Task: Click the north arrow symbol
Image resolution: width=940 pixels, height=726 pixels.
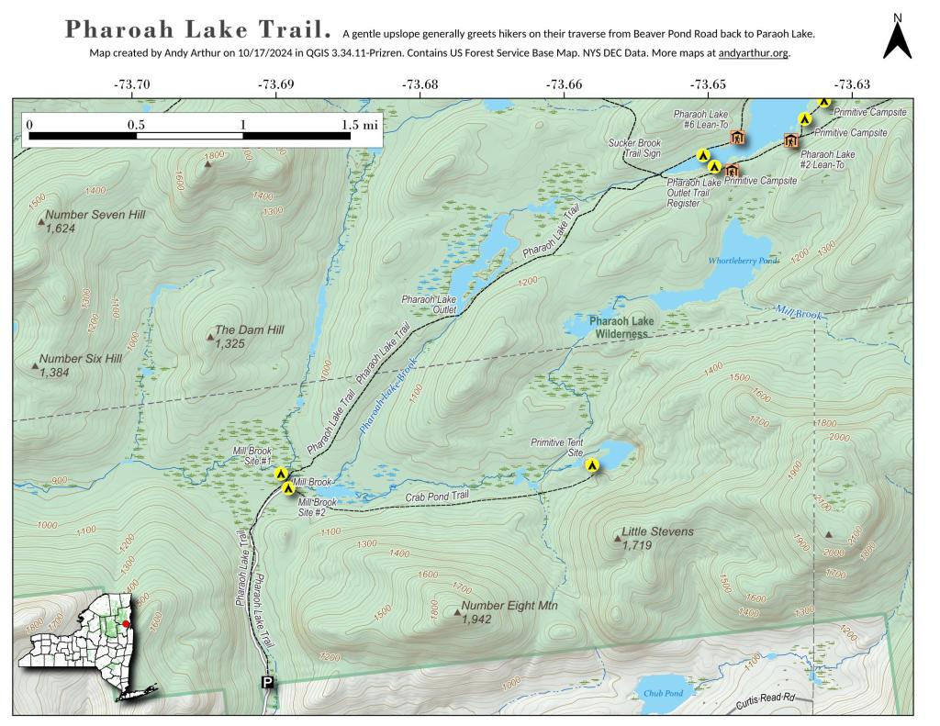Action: [897, 39]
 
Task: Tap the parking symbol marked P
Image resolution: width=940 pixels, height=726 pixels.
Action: [267, 682]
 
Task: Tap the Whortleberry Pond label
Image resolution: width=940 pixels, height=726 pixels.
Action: [743, 261]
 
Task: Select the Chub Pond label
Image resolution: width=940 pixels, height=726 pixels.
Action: [661, 694]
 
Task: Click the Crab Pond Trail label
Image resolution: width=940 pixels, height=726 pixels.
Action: [437, 497]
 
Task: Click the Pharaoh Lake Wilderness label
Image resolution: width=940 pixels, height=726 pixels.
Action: [621, 328]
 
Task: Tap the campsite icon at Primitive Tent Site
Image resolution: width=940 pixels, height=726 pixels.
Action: [593, 465]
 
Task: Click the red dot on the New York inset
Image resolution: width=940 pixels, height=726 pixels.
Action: [126, 623]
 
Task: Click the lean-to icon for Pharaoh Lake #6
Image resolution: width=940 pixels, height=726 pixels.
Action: [736, 138]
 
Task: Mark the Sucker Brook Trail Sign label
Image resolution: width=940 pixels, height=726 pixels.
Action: [635, 149]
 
